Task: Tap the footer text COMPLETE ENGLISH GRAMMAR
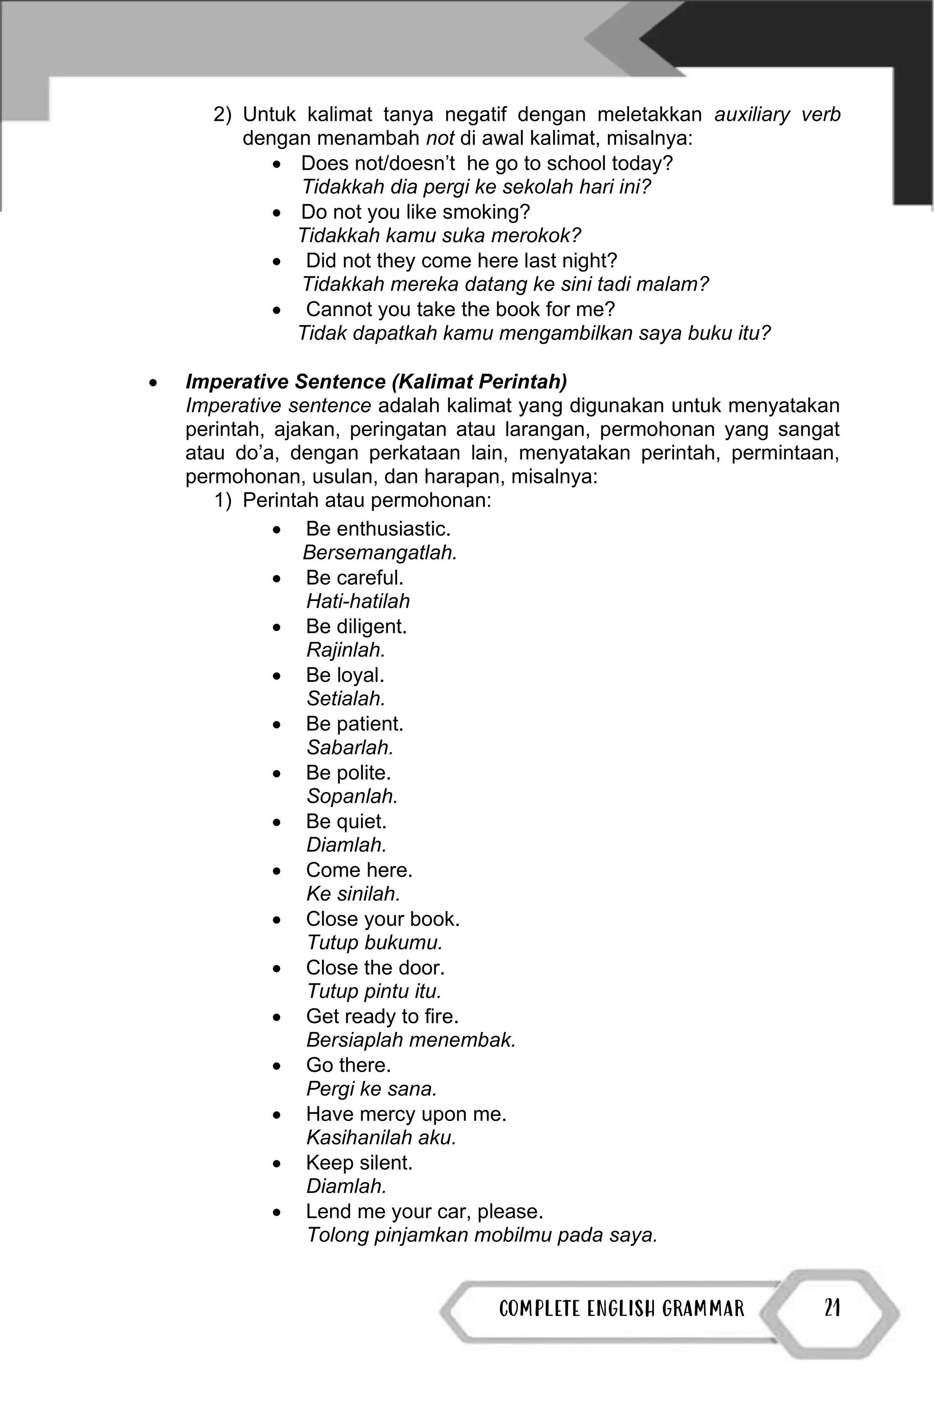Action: [621, 1309]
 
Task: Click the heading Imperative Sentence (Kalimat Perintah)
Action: [376, 381]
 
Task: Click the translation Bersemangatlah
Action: [379, 552]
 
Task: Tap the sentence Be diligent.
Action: [356, 626]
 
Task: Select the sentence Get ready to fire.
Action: [382, 1016]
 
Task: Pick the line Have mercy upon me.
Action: [405, 1113]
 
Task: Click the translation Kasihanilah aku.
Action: [381, 1137]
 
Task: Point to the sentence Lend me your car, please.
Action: [424, 1211]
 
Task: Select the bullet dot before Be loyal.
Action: [276, 676]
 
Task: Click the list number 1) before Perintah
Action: [222, 500]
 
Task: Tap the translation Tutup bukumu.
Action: [374, 942]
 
